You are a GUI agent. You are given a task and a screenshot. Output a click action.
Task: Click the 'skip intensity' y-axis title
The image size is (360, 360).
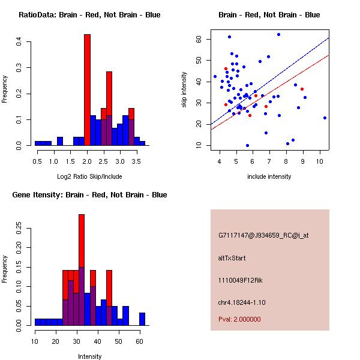(185, 90)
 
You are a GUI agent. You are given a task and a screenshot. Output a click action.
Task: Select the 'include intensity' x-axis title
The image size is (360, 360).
(269, 176)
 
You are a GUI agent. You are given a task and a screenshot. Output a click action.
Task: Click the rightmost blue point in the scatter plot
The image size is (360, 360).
(325, 118)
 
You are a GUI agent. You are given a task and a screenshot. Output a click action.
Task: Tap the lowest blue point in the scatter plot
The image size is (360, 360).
(247, 145)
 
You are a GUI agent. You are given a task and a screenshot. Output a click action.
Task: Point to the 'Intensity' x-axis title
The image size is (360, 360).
(90, 356)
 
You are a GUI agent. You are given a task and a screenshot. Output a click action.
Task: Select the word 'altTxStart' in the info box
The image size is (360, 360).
(232, 258)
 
